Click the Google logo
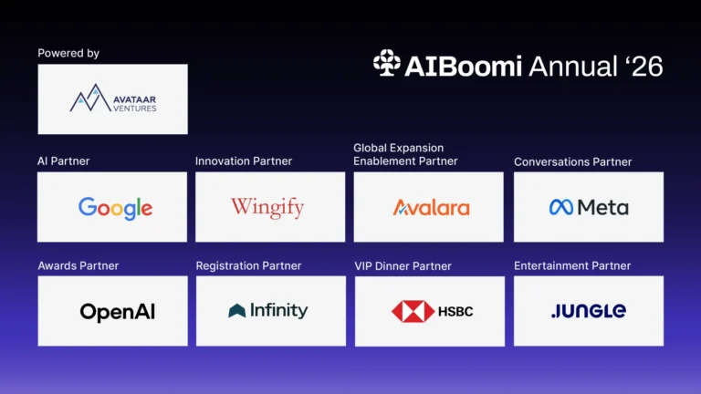point(115,208)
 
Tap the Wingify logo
point(267,207)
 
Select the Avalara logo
point(432,208)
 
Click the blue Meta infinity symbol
point(561,207)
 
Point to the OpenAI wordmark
point(118,312)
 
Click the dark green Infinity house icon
point(237,310)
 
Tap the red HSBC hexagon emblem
point(413,311)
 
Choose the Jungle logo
point(589,311)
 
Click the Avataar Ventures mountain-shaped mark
point(90,98)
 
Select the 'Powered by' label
point(68,53)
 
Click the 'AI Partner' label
point(64,161)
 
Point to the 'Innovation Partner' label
point(244,161)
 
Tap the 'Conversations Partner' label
point(572,161)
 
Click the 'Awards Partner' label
point(78,265)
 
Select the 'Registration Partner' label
point(248,265)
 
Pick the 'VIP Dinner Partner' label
point(403,266)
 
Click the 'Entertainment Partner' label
point(572,265)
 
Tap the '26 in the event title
point(643,66)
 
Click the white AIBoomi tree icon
point(387,63)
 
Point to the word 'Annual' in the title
point(573,66)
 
